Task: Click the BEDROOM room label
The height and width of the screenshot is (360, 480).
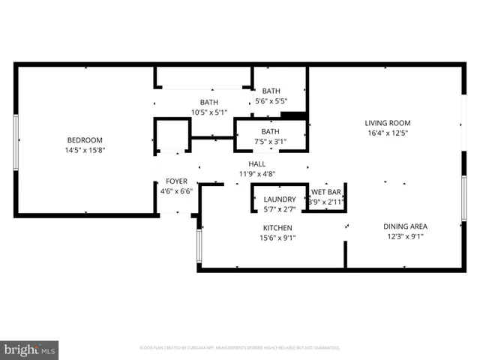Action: [x=85, y=140]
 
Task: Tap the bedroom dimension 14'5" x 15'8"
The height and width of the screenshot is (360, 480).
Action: [x=85, y=150]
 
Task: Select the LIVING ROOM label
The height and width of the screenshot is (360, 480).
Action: [x=388, y=123]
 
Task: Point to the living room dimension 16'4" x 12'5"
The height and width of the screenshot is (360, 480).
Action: [x=388, y=133]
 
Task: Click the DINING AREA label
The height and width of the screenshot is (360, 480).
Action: [x=405, y=226]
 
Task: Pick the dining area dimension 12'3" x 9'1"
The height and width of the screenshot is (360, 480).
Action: [x=405, y=237]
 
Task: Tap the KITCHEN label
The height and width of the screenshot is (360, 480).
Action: [x=277, y=228]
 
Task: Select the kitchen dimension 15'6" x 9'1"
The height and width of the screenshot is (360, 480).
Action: [x=277, y=238]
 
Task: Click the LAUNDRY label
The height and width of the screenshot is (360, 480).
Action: [x=280, y=199]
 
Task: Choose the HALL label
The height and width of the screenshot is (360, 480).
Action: [x=257, y=163]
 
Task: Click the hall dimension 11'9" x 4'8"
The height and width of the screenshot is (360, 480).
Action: [x=257, y=173]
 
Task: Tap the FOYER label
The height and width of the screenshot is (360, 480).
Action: [x=177, y=181]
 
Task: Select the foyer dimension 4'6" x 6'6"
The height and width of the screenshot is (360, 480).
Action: [x=177, y=190]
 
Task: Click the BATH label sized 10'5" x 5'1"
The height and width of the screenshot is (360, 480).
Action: [x=209, y=103]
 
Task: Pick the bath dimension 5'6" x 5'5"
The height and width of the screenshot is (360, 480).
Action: [x=271, y=100]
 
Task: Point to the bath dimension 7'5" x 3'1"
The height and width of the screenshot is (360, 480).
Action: [x=270, y=141]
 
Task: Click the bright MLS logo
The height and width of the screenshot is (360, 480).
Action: [x=29, y=349]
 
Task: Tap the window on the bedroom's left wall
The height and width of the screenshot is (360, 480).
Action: [x=16, y=141]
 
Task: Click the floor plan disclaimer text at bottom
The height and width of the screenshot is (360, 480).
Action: [x=240, y=348]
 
